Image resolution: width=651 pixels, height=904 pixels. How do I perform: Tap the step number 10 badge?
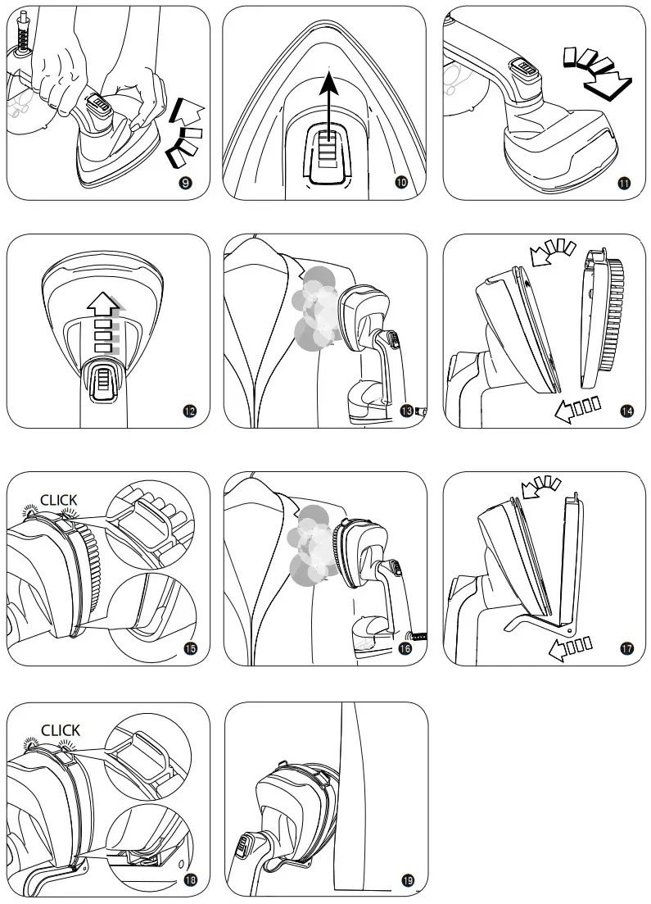(x=401, y=182)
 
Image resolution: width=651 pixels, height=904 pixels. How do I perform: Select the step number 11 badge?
(x=624, y=182)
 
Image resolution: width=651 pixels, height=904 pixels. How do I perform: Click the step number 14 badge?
(x=627, y=411)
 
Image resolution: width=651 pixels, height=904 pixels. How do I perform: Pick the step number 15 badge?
(x=189, y=648)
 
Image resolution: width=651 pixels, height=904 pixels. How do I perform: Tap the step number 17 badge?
(x=627, y=648)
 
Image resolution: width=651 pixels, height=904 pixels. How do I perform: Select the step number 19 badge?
(x=408, y=880)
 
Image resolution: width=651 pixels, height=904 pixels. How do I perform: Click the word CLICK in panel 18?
(x=60, y=729)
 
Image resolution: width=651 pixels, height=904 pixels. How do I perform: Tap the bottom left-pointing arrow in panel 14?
(x=576, y=407)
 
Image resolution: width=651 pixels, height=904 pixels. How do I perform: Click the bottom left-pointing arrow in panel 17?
(x=571, y=649)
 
